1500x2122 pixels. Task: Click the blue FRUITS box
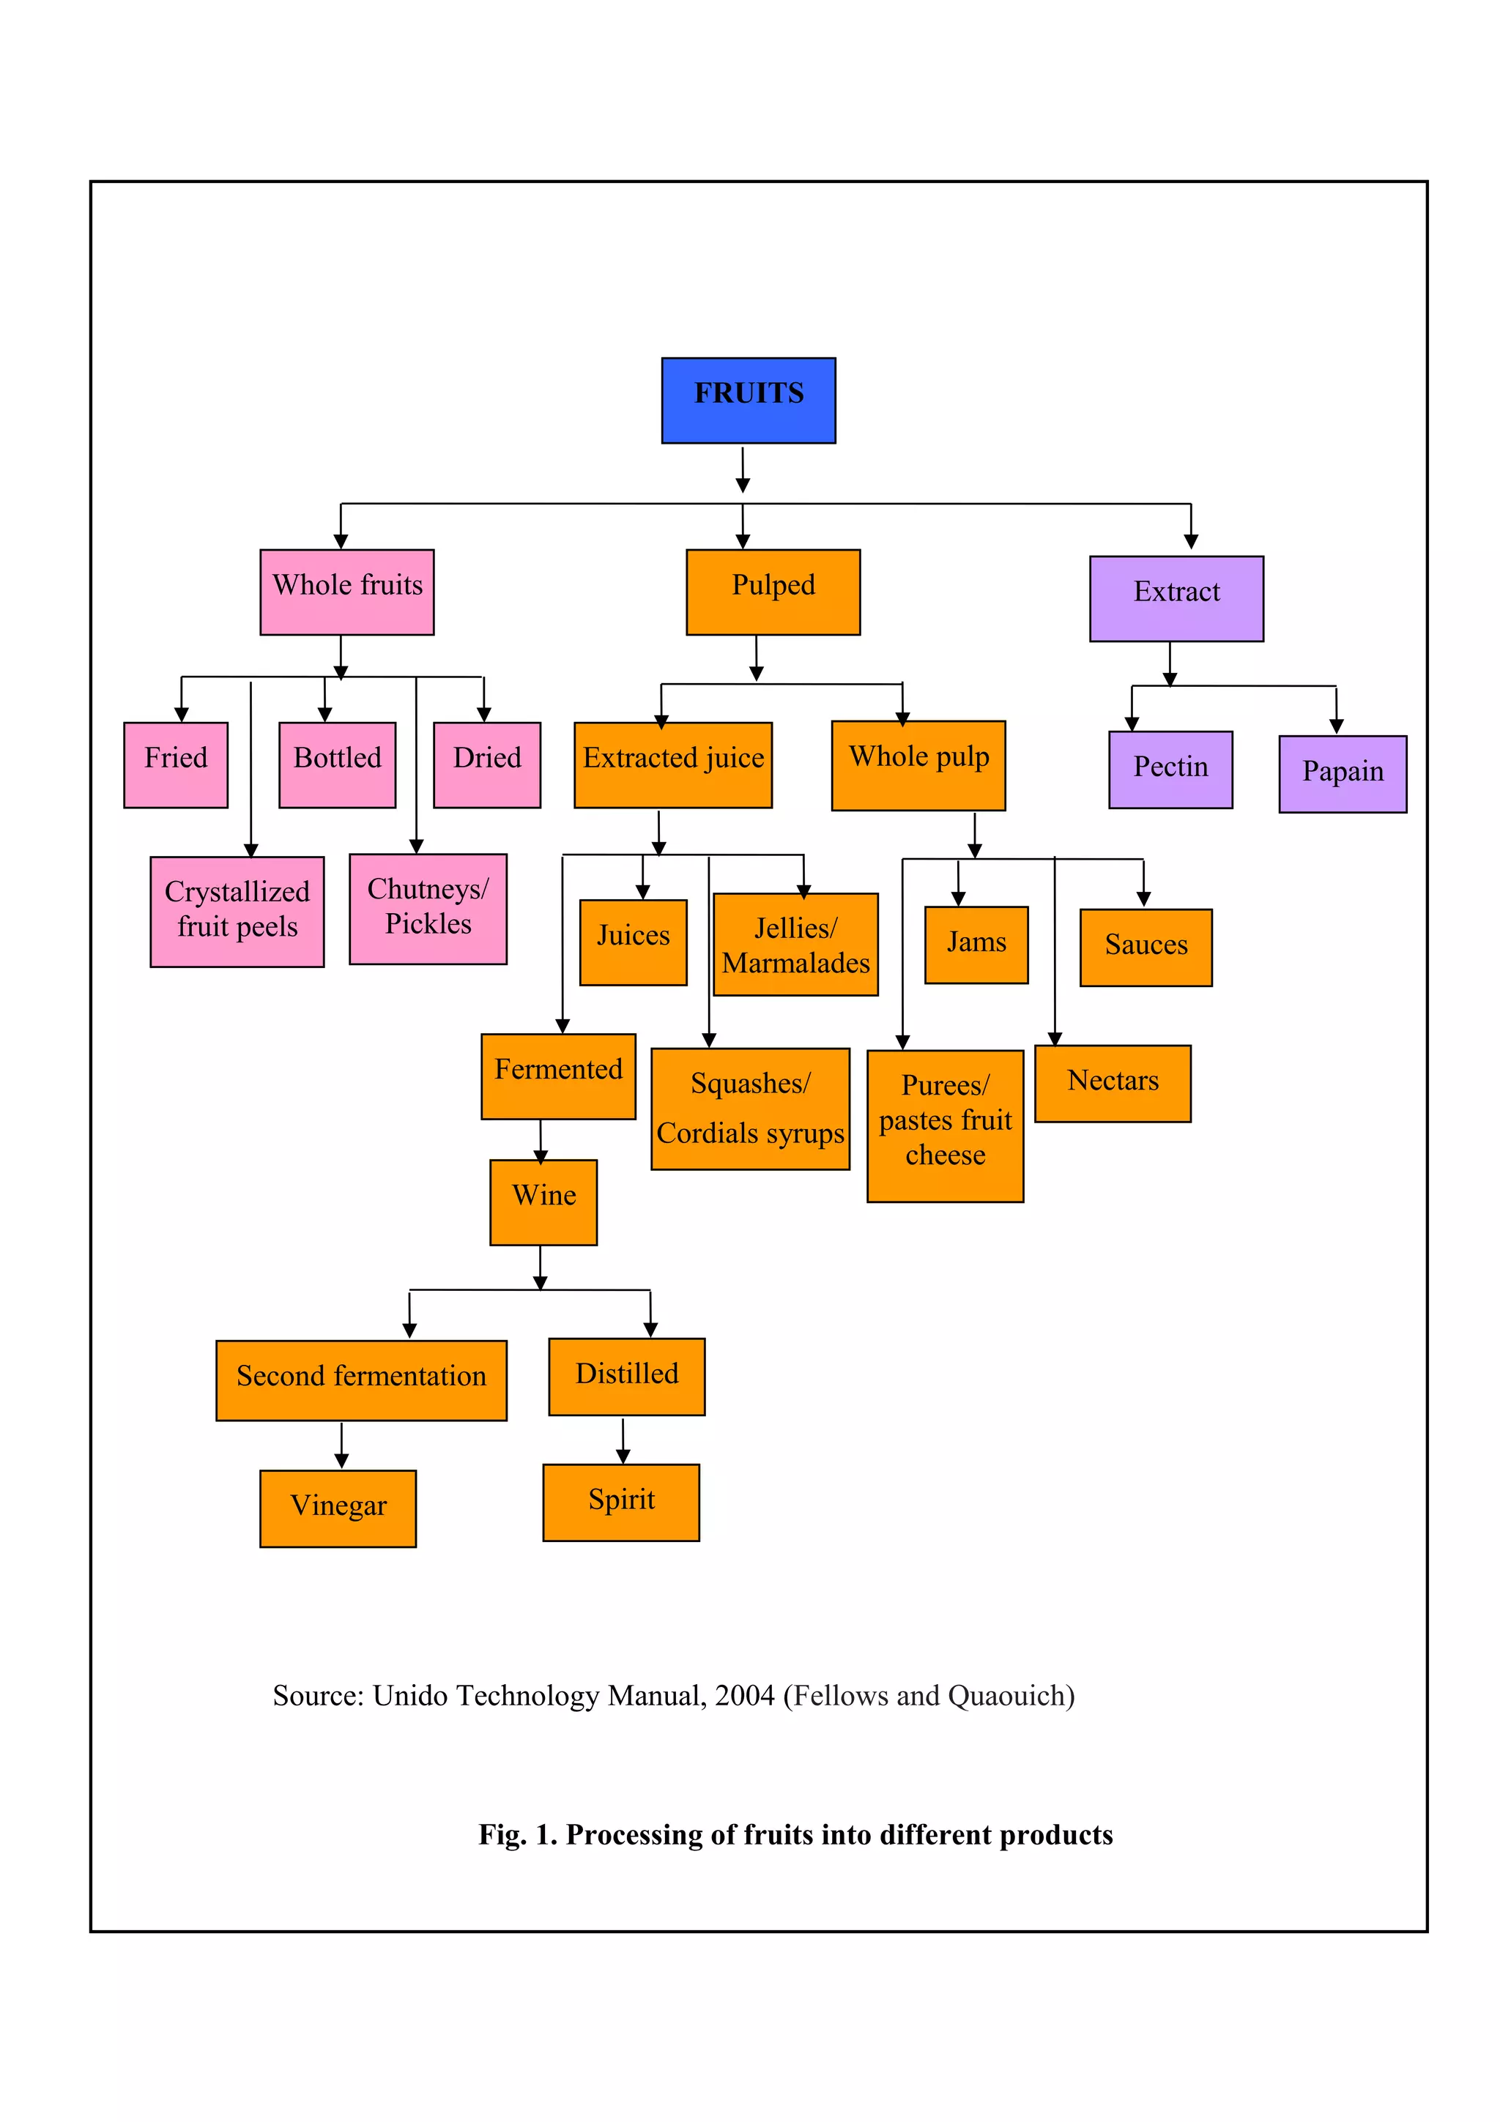coord(748,401)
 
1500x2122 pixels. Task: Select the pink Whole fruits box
coord(346,592)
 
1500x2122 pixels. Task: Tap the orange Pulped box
coord(773,592)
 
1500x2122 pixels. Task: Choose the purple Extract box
coord(1176,598)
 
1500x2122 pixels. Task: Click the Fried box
coord(176,764)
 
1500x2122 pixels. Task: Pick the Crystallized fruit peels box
coord(237,912)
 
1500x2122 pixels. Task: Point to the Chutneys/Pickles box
coord(428,909)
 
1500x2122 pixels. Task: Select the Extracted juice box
coord(673,764)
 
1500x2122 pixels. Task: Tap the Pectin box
coord(1170,769)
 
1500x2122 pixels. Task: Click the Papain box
coord(1342,773)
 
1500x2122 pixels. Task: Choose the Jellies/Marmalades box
coord(795,944)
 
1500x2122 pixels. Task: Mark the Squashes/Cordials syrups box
coord(749,1108)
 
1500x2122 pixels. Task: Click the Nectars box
coord(1112,1083)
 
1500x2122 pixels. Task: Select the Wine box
coord(543,1202)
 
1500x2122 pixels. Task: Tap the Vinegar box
coord(338,1508)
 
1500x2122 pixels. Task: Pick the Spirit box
coord(621,1502)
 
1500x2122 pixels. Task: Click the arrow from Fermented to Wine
coord(541,1141)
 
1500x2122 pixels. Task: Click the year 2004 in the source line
coord(744,1696)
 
